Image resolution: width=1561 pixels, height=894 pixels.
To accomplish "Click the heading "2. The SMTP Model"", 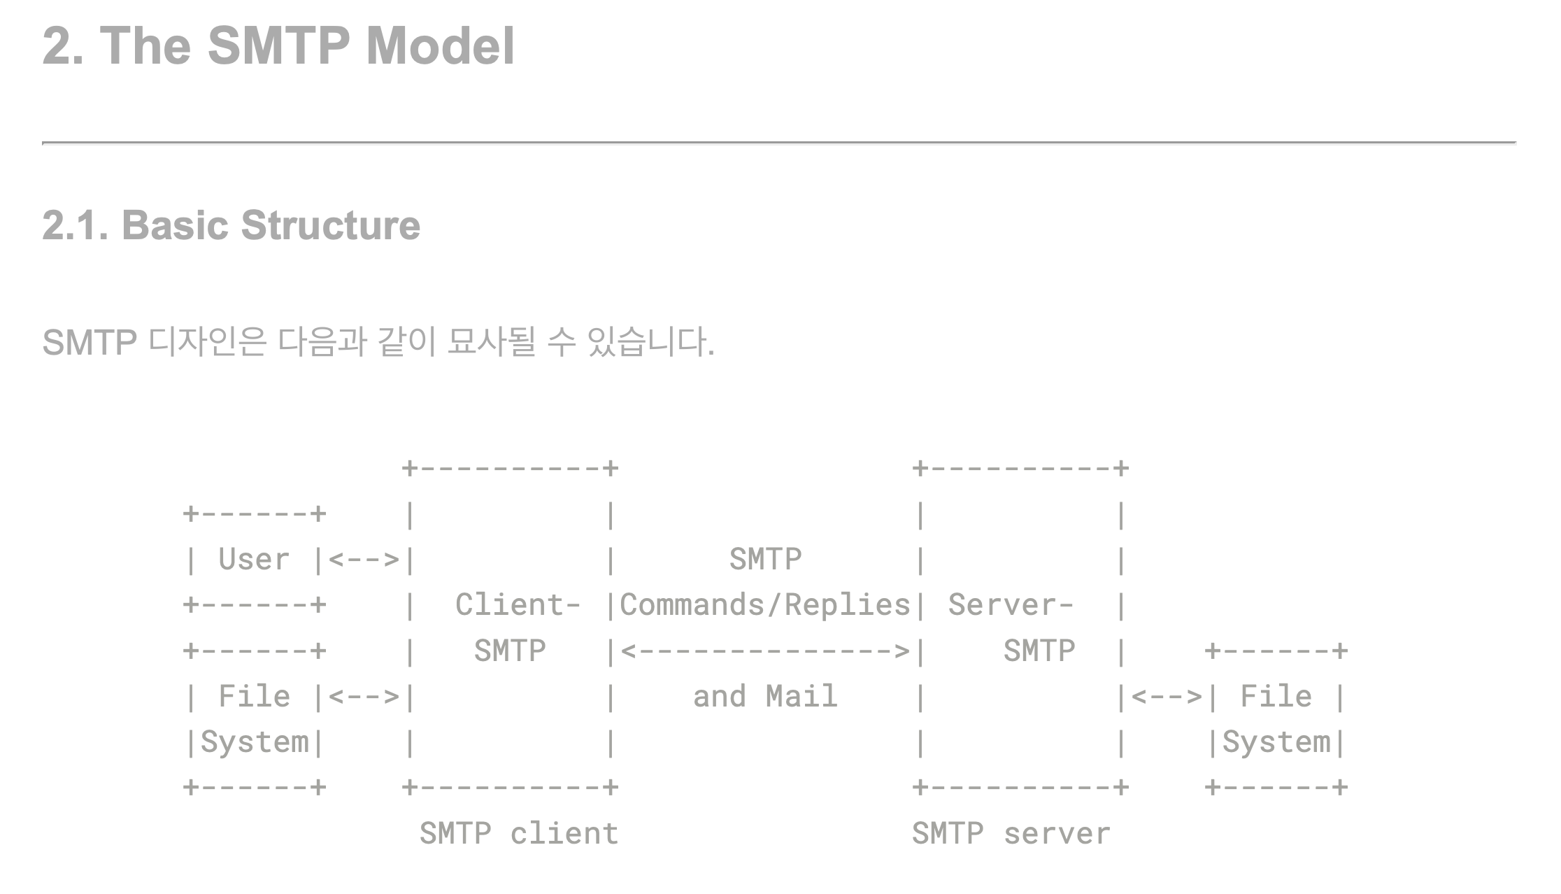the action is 278,46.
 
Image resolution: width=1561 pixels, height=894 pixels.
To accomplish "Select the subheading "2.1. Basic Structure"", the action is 231,225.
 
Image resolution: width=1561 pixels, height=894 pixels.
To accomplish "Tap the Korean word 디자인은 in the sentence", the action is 208,342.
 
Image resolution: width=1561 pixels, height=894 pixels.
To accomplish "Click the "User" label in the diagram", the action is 254,560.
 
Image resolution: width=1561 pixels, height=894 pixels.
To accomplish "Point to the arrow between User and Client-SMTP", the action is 364,560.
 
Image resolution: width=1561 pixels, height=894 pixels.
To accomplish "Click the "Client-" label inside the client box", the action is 518,605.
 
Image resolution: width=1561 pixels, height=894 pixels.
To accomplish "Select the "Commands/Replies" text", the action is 765,605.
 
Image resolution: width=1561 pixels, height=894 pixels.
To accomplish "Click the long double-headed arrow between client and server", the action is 765,651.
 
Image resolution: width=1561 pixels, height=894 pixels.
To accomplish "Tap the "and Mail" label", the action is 765,697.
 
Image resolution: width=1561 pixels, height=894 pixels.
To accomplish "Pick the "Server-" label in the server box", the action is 1011,605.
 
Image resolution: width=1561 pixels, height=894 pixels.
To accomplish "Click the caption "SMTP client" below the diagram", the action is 519,834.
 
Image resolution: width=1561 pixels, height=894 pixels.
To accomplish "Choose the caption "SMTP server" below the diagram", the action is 1011,834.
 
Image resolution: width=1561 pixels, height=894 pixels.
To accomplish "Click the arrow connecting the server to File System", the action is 1167,697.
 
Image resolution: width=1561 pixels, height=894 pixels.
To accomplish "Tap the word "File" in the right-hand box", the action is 1276,697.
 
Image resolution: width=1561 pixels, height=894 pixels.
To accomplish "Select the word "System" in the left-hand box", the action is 254,742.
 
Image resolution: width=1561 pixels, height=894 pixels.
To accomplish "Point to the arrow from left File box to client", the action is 364,697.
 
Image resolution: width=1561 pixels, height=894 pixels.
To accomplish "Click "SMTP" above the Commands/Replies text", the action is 765,560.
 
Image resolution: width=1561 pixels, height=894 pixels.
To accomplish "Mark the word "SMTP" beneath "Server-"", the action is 1039,651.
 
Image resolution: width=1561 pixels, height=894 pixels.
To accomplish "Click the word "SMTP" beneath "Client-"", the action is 510,651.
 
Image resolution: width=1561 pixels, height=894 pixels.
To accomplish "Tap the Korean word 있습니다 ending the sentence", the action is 650,342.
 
